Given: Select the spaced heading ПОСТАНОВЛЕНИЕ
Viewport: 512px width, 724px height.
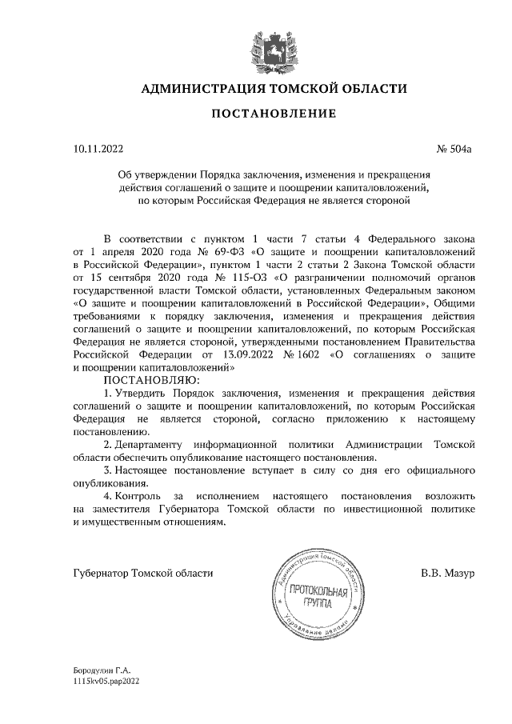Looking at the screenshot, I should pos(262,114).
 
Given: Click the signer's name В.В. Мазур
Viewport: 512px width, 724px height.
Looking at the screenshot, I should pos(448,574).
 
